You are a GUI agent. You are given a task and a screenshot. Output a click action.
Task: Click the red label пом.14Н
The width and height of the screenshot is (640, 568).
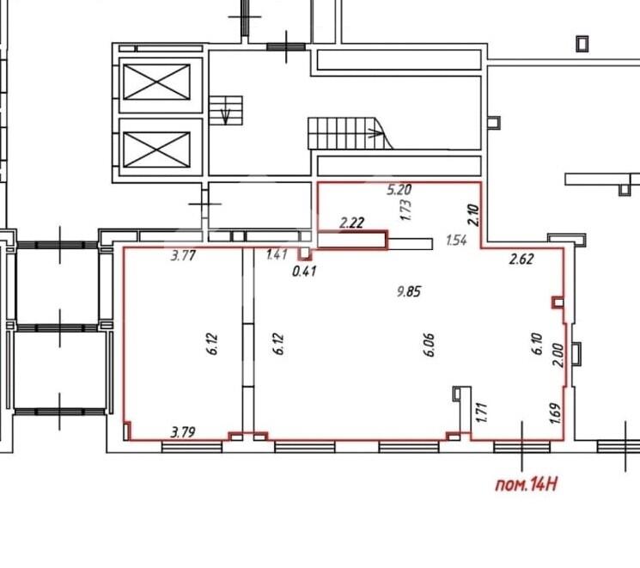click(x=526, y=485)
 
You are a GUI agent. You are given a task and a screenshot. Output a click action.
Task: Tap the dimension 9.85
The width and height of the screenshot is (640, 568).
click(x=409, y=291)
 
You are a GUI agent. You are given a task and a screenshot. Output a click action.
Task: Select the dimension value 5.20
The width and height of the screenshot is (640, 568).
click(x=399, y=190)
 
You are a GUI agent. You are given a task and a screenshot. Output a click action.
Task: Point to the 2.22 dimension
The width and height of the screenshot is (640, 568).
click(x=352, y=223)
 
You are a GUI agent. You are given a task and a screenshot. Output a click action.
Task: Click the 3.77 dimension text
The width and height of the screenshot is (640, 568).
click(x=183, y=256)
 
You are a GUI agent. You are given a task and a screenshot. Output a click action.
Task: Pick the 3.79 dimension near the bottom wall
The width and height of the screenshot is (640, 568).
click(x=183, y=432)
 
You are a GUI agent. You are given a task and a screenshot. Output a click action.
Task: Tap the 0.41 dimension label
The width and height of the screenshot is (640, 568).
click(x=304, y=272)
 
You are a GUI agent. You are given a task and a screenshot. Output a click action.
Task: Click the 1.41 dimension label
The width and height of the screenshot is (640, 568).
click(x=277, y=255)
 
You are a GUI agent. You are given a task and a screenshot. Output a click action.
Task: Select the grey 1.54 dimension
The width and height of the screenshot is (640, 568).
click(x=456, y=240)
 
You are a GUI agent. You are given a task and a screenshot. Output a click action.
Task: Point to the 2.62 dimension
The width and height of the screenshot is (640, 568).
click(x=521, y=259)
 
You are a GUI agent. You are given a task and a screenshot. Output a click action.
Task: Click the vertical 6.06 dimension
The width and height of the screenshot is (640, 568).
click(x=430, y=345)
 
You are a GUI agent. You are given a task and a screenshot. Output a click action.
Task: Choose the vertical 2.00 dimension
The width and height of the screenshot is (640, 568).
click(x=558, y=355)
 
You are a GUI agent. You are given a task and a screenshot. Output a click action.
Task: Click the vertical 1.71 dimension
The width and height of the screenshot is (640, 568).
click(x=482, y=412)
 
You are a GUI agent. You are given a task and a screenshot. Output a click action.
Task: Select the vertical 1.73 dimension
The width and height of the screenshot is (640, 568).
click(x=406, y=210)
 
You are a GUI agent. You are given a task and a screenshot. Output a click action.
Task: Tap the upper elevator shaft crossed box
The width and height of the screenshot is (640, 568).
click(x=156, y=82)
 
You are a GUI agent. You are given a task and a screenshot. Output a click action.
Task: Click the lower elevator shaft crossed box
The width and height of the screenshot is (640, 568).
click(x=156, y=150)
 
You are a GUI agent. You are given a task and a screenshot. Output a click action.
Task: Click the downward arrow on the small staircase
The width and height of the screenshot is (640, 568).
click(x=225, y=116)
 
